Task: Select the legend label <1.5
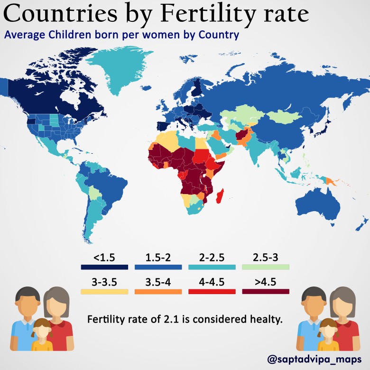point(104,258)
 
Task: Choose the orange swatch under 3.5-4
point(158,291)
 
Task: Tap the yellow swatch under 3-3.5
point(104,291)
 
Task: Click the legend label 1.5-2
point(158,258)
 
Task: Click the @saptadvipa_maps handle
point(314,359)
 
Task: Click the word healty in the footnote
point(267,320)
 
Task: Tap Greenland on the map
point(121,71)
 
